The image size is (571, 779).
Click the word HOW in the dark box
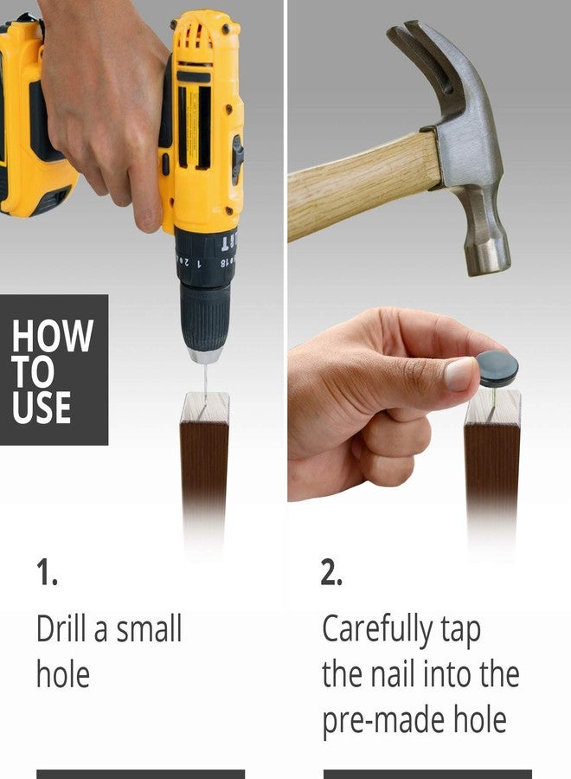click(53, 336)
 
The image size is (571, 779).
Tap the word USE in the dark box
click(42, 408)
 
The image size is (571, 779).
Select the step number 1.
click(46, 572)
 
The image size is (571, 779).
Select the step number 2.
click(331, 572)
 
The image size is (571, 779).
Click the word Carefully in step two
click(377, 631)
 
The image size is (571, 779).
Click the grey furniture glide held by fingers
click(497, 368)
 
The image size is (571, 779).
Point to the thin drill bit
click(205, 383)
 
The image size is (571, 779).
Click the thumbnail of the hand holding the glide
click(459, 373)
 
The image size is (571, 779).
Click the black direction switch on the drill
click(238, 158)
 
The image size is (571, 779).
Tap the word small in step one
click(149, 628)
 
